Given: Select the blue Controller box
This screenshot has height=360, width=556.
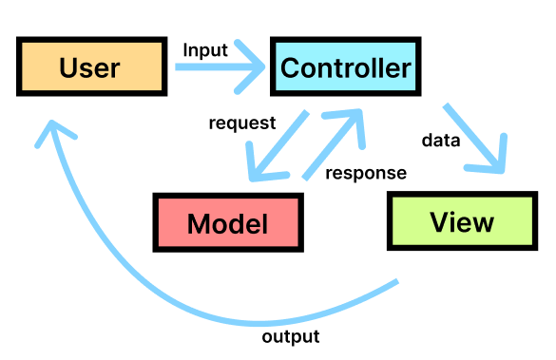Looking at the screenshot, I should click(x=345, y=68).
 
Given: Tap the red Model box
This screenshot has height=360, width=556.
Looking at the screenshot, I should click(x=227, y=223).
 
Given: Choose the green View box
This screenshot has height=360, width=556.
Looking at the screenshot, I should click(x=462, y=222).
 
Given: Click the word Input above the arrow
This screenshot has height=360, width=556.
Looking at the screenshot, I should click(x=205, y=50).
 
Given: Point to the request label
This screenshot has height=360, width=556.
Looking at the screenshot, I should click(x=242, y=123).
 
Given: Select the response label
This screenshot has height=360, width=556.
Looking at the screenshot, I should click(x=366, y=173).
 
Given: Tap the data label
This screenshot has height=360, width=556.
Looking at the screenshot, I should click(x=441, y=141).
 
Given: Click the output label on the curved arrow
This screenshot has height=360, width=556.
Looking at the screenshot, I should click(x=290, y=336).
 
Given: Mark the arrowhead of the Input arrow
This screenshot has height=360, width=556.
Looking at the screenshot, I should click(x=259, y=68).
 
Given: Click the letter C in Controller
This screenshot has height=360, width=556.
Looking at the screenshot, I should click(x=290, y=68).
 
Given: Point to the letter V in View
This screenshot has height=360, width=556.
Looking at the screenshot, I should click(x=439, y=222).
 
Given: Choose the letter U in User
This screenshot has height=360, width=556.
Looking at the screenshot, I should click(x=67, y=68).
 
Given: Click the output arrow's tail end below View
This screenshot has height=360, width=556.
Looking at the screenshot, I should click(x=396, y=282).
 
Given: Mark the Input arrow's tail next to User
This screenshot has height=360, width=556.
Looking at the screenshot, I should click(x=179, y=68).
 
